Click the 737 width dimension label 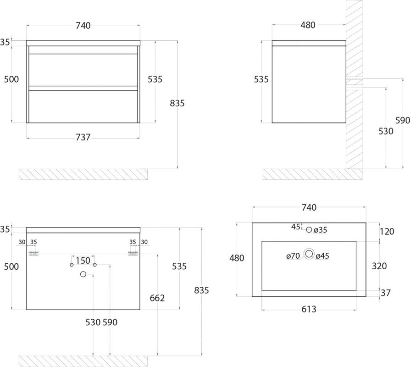point(83,137)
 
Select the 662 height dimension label point(157,298)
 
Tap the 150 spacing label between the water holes point(83,261)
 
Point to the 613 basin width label point(309,309)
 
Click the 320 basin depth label point(379,266)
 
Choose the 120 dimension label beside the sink point(387,232)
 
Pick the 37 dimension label point(385,293)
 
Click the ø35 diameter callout point(320,230)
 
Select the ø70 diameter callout point(293,256)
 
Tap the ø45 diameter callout point(322,256)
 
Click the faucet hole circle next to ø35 point(309,230)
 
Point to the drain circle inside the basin point(309,254)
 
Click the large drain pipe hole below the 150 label point(83,274)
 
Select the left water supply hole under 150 point(72,265)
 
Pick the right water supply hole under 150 point(94,265)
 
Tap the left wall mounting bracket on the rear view point(33,253)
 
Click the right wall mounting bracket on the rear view point(133,253)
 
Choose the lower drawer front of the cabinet point(83,106)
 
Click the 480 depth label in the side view point(308,25)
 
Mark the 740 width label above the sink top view point(309,207)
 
